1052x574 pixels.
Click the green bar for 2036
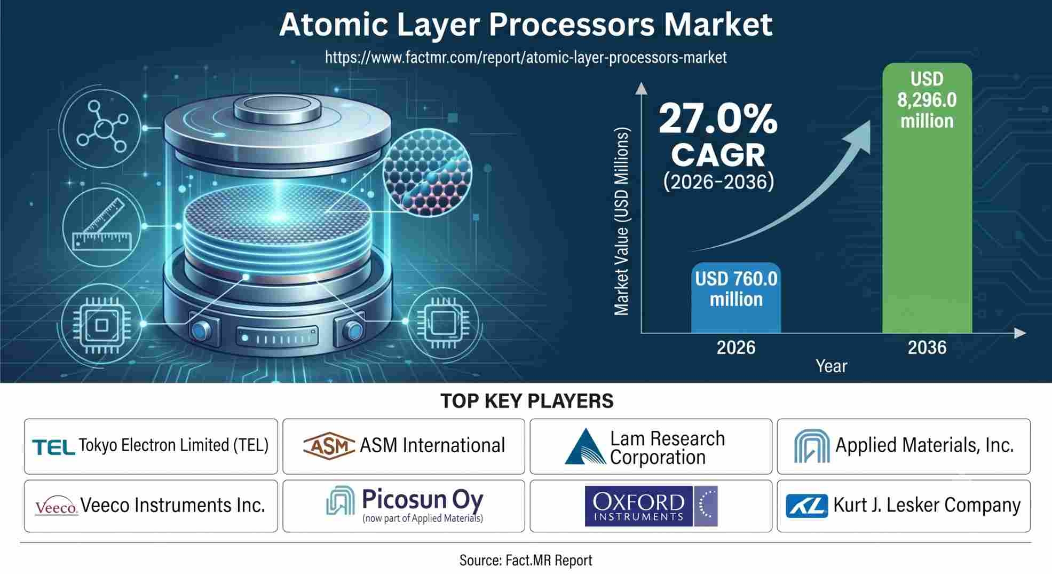(x=927, y=198)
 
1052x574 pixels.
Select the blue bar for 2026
(x=736, y=298)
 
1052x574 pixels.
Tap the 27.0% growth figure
(x=718, y=119)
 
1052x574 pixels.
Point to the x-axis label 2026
(x=736, y=348)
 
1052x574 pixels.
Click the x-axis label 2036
(x=927, y=348)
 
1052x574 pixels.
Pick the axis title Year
(x=831, y=366)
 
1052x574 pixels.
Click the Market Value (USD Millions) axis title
(x=622, y=222)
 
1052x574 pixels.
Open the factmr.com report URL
(x=526, y=57)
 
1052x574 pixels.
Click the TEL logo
(x=53, y=447)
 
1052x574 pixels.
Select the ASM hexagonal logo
(x=329, y=445)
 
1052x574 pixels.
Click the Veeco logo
(x=57, y=507)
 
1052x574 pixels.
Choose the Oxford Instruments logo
(x=651, y=506)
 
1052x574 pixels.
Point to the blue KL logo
(x=806, y=506)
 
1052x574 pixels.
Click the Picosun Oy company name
(x=423, y=499)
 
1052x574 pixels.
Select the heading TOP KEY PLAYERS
(x=527, y=401)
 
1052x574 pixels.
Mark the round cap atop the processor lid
(x=278, y=108)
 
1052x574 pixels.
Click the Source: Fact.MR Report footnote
(x=526, y=560)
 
